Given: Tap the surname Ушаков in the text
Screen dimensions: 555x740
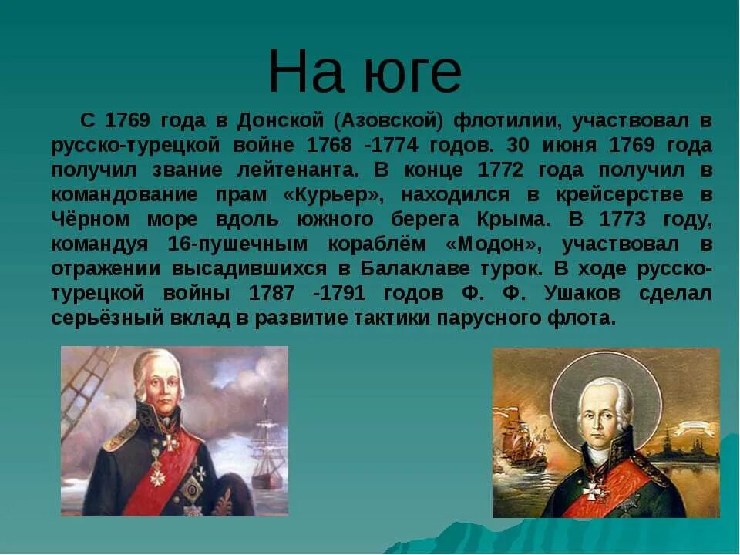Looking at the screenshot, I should click(580, 294).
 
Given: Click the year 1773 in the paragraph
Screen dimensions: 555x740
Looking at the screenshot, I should click(633, 219).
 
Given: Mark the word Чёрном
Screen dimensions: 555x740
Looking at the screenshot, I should click(90, 219).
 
